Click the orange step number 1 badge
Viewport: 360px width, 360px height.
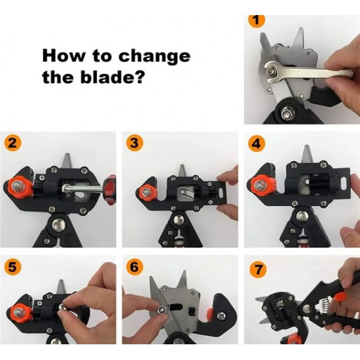pos(257,20)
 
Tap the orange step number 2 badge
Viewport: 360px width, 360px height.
pos(12,144)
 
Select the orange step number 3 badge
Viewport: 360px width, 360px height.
pos(135,143)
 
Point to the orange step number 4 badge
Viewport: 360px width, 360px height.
pos(257,143)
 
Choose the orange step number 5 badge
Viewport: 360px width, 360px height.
pos(12,267)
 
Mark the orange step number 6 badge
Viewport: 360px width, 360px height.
pos(135,267)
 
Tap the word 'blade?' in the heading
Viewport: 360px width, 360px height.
pos(113,77)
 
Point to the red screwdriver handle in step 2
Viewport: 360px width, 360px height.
pos(110,190)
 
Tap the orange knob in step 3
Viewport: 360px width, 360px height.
pos(146,192)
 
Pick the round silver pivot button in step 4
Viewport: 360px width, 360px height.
pos(302,216)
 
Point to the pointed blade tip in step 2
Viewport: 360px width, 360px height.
pos(67,154)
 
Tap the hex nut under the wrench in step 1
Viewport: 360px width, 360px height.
pos(272,73)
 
